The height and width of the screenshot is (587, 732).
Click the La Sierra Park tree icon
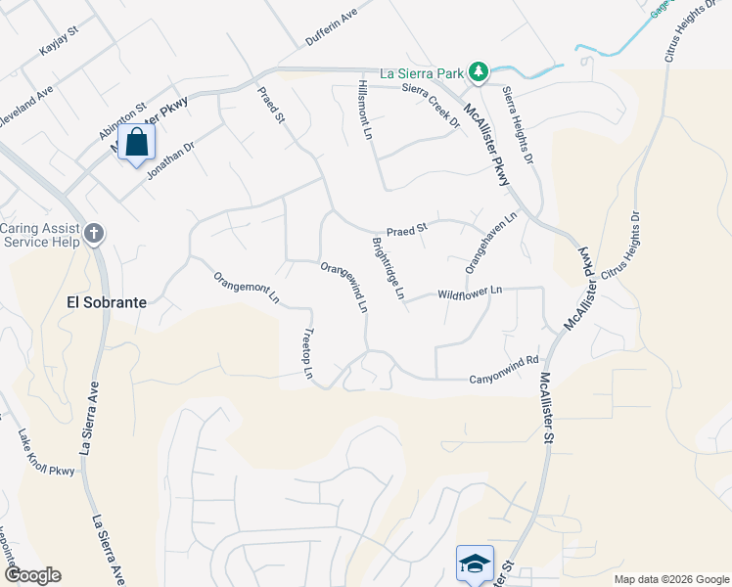[478, 71]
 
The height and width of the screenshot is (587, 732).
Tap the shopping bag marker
[137, 143]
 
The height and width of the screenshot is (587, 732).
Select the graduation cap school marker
[475, 563]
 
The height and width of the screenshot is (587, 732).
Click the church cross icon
[94, 233]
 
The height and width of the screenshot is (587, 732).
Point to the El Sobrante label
[107, 302]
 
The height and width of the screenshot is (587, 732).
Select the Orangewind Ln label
[344, 287]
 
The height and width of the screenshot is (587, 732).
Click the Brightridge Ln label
[387, 268]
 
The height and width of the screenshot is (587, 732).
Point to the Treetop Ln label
[310, 353]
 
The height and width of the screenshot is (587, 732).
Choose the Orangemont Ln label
[247, 289]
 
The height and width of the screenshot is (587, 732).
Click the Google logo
[31, 575]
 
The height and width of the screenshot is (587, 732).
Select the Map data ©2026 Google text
[671, 579]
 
